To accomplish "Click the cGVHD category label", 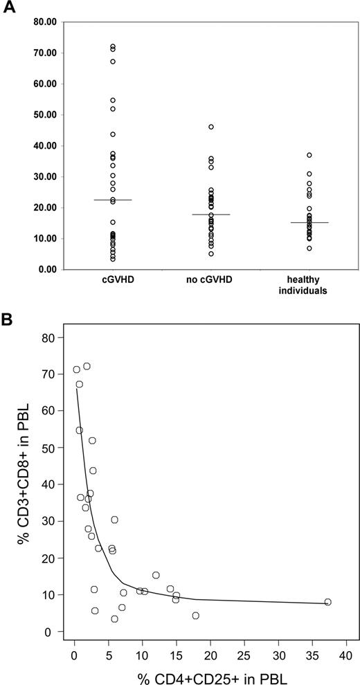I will pos(112,282).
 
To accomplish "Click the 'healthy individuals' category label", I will pos(309,286).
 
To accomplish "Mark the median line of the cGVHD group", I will pos(112,200).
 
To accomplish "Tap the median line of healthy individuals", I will pos(309,223).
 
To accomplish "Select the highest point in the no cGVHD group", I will pos(211,127).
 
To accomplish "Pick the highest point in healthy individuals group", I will pos(309,155).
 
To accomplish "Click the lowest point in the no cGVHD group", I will pos(211,254).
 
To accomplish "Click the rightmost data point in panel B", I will pos(327,602).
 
